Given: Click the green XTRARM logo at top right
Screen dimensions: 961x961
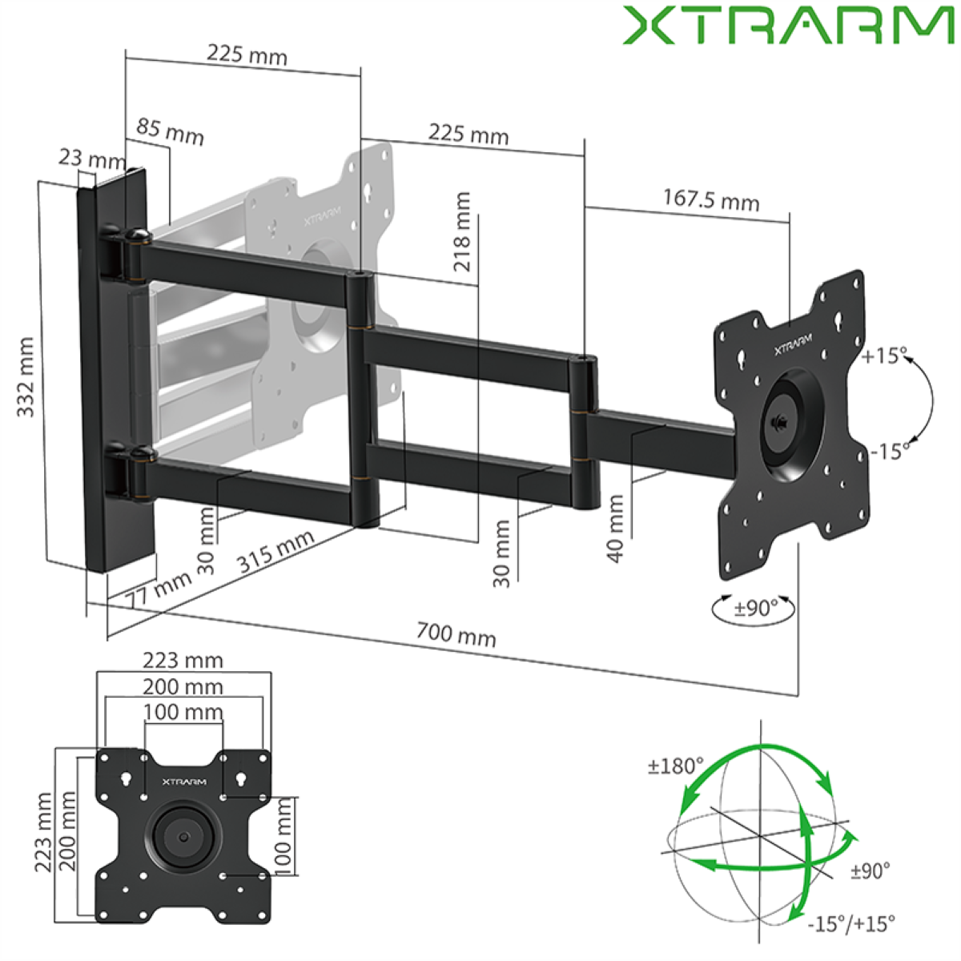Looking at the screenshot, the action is coord(789,25).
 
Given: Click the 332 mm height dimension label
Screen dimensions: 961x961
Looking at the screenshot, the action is coord(26,377).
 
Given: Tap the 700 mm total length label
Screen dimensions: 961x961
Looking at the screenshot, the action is coord(456,634).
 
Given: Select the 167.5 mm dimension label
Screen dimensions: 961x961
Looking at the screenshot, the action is coord(711,200).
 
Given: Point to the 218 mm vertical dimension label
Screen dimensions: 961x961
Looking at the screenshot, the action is coord(462,232).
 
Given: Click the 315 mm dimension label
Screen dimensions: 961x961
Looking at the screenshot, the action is coord(275,550).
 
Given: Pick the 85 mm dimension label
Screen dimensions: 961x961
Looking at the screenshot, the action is coord(170,132).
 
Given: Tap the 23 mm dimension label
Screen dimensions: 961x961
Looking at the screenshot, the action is coord(92,159).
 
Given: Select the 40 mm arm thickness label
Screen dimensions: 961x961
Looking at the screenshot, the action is coord(617,529).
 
